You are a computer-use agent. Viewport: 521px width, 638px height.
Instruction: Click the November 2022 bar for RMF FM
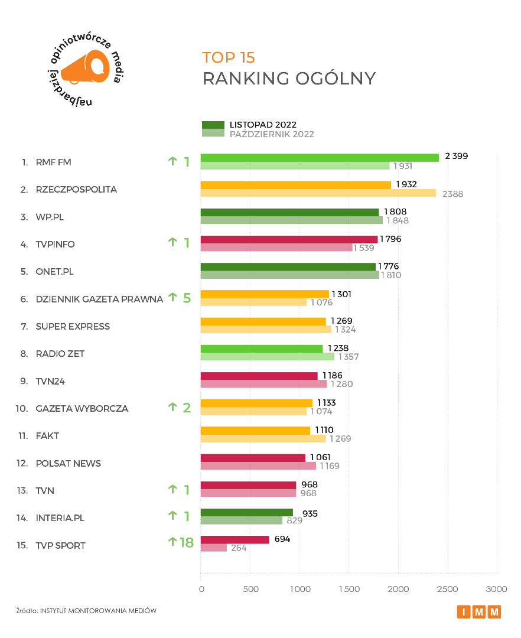point(320,158)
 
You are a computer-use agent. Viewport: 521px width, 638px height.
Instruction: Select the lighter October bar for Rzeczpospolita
point(318,193)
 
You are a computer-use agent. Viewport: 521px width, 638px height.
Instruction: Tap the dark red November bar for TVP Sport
point(235,539)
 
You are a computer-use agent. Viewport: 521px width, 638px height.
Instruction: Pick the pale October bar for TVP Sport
point(214,548)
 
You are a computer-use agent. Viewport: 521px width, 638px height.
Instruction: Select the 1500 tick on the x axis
point(349,589)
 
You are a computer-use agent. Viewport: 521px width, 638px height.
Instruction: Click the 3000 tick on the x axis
point(497,589)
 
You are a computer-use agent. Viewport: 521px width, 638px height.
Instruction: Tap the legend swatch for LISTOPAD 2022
point(213,125)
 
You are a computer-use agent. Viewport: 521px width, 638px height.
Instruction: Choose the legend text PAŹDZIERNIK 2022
point(272,134)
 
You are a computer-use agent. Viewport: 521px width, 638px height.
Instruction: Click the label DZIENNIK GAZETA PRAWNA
point(99,299)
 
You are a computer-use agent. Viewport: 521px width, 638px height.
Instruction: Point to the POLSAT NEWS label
point(69,463)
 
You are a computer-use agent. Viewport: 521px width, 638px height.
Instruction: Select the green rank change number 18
point(186,542)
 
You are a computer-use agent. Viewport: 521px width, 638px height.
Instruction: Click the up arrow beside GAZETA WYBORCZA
point(172,406)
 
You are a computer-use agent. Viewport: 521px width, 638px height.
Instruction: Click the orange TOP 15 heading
point(229,57)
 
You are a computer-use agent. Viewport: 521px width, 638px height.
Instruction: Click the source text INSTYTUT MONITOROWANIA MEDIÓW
point(98,611)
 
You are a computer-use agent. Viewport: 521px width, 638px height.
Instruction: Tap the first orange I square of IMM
point(464,612)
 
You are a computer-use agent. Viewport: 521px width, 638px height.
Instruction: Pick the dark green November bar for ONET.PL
point(288,267)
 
